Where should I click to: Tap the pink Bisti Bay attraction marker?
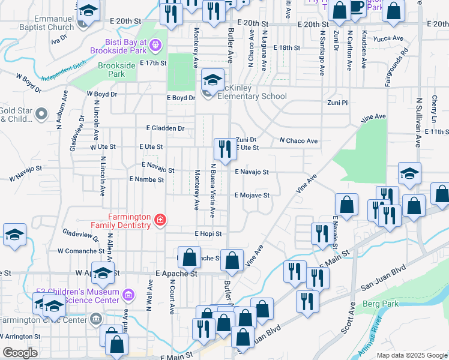[x=155, y=44]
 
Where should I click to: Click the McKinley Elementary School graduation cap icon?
[x=212, y=79]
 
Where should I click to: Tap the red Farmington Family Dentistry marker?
[x=160, y=220]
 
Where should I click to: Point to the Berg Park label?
[x=381, y=304]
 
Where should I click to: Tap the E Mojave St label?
[x=252, y=195]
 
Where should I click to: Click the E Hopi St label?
[x=208, y=233]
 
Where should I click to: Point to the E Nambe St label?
[x=146, y=179]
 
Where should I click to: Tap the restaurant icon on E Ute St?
[x=225, y=149]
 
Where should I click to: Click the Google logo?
[x=20, y=352]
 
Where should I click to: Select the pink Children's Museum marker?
[x=128, y=295]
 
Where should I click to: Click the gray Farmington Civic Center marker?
[x=95, y=317]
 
